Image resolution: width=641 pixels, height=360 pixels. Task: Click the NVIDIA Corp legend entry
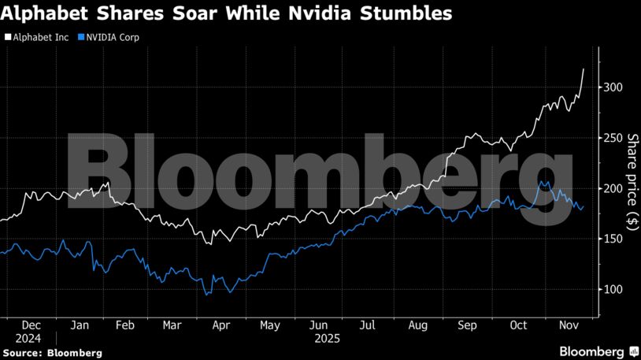111,37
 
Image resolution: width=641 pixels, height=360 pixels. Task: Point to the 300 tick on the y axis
612,87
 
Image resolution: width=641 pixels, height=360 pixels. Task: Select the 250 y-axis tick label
612,138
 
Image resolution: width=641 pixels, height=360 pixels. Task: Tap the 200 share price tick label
612,188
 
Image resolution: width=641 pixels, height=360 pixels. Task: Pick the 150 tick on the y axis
612,239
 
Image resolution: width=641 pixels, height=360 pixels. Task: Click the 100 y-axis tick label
612,289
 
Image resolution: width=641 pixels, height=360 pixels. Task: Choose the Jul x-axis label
368,324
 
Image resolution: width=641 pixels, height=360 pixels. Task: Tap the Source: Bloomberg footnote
53,353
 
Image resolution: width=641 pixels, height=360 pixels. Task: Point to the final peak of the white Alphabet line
584,69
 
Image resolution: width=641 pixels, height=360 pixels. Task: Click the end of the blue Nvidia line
583,207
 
